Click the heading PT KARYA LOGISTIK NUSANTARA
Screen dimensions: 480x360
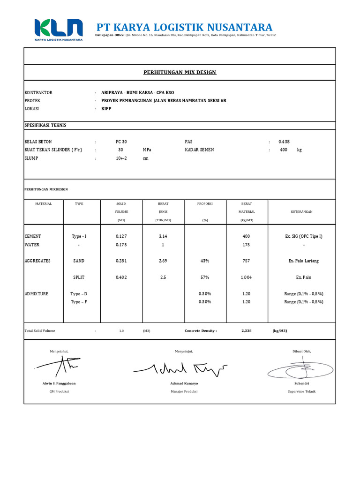coord(184,27)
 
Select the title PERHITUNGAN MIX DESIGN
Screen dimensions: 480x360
coord(180,72)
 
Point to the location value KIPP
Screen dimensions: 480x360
coord(106,108)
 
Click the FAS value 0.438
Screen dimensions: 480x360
coord(284,142)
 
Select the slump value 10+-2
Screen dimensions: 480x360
coord(121,158)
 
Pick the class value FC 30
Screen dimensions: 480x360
coord(121,142)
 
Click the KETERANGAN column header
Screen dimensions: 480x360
coord(301,211)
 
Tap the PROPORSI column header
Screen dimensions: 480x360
coord(205,204)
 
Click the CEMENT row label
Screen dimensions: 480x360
coord(33,236)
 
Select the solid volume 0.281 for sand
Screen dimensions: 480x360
coord(121,261)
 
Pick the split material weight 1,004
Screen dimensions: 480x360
coord(246,277)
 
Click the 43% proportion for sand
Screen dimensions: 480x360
coord(205,261)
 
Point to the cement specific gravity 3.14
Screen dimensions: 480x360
coord(163,236)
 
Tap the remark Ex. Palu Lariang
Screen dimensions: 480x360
coord(304,261)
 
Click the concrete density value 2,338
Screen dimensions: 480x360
coord(246,330)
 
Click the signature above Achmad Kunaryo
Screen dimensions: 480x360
coord(180,368)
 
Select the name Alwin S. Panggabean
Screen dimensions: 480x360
coord(59,383)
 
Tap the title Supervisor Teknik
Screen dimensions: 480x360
coord(301,391)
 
